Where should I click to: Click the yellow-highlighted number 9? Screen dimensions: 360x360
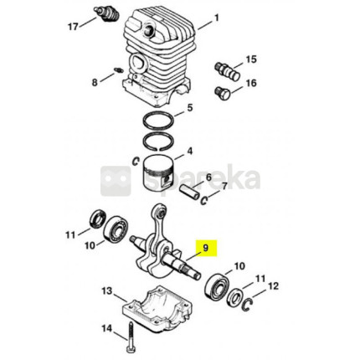[206, 248]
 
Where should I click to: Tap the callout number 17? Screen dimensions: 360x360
[73, 27]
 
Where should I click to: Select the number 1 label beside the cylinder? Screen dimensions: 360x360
[217, 18]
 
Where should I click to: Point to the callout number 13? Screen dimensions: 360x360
[106, 291]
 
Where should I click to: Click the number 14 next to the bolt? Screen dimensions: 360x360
[106, 328]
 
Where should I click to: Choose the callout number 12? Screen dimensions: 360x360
[273, 285]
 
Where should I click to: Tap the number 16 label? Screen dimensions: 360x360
[251, 83]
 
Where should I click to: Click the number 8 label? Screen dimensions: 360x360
[95, 82]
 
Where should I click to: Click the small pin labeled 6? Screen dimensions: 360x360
[189, 193]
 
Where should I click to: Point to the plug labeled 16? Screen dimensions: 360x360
[223, 93]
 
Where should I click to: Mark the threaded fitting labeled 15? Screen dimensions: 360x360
[227, 71]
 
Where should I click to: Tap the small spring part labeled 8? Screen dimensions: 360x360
[119, 69]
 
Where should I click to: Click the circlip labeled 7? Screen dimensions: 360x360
[204, 199]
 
